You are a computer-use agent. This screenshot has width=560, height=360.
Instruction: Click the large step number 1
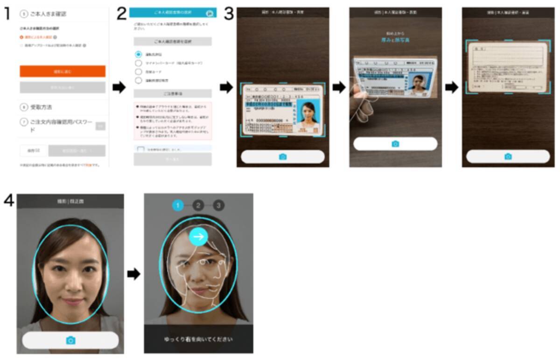(x=7, y=14)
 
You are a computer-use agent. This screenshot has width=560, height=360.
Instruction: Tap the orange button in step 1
(x=63, y=71)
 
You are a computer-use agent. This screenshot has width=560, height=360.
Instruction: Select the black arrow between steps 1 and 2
(x=119, y=87)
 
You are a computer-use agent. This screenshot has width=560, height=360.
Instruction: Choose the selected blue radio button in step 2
(x=138, y=54)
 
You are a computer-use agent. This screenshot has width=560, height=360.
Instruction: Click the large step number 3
(x=229, y=14)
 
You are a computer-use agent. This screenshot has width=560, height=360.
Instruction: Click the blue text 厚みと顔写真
(x=395, y=41)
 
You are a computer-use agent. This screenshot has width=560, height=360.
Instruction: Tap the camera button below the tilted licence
(x=395, y=144)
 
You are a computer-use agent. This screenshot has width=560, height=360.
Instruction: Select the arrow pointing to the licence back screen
(x=452, y=87)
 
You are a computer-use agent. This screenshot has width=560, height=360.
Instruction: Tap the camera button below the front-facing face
(x=70, y=340)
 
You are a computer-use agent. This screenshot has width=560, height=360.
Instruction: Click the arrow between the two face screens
(x=134, y=274)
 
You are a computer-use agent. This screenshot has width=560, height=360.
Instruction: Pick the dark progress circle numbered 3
(x=219, y=205)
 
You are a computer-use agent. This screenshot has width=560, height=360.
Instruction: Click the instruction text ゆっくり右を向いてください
(x=198, y=339)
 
